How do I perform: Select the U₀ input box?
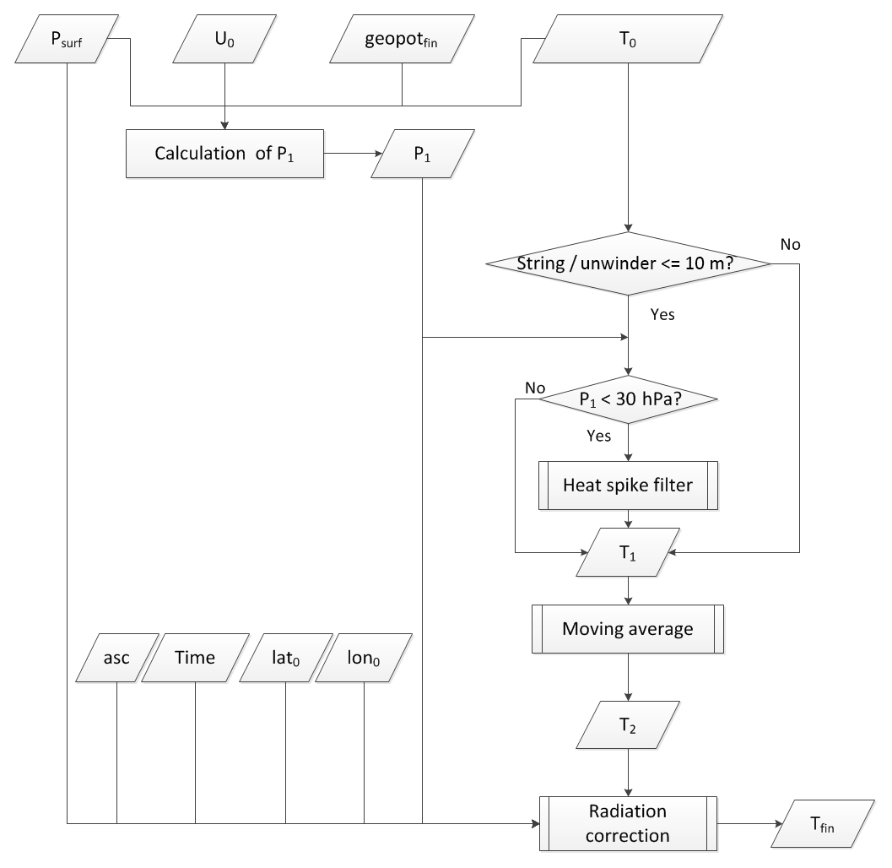pos(224,40)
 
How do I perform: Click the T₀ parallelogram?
pos(626,40)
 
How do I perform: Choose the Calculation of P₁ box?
pos(224,154)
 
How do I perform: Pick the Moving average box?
pos(627,628)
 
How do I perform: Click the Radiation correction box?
pos(627,823)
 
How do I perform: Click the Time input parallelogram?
pos(195,658)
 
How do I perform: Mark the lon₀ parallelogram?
pos(364,658)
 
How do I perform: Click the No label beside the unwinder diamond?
pos(790,245)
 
